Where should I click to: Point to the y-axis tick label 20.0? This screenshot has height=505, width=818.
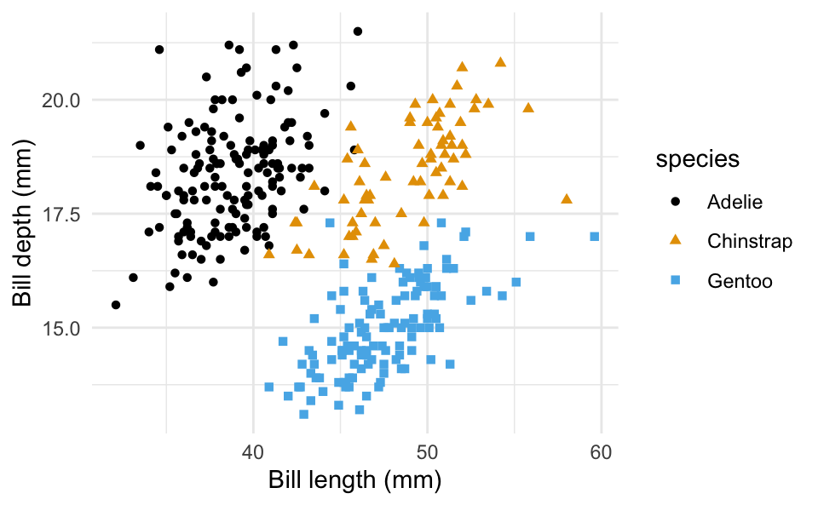60,100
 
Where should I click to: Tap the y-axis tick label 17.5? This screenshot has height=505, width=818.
60,214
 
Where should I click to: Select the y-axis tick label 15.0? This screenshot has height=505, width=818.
60,328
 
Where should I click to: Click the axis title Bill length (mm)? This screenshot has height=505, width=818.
354,480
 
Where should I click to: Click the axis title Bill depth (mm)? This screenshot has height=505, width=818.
22,214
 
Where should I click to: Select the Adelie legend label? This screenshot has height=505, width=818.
734,202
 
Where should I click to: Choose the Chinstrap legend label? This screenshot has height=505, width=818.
750,241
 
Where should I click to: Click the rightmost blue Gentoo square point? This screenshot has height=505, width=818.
594,237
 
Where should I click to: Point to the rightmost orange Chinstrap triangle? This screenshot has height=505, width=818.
567,198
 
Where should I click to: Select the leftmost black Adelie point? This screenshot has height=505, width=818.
116,305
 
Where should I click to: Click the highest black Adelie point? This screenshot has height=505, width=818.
358,32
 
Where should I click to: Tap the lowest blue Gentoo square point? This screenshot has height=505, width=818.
303,415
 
